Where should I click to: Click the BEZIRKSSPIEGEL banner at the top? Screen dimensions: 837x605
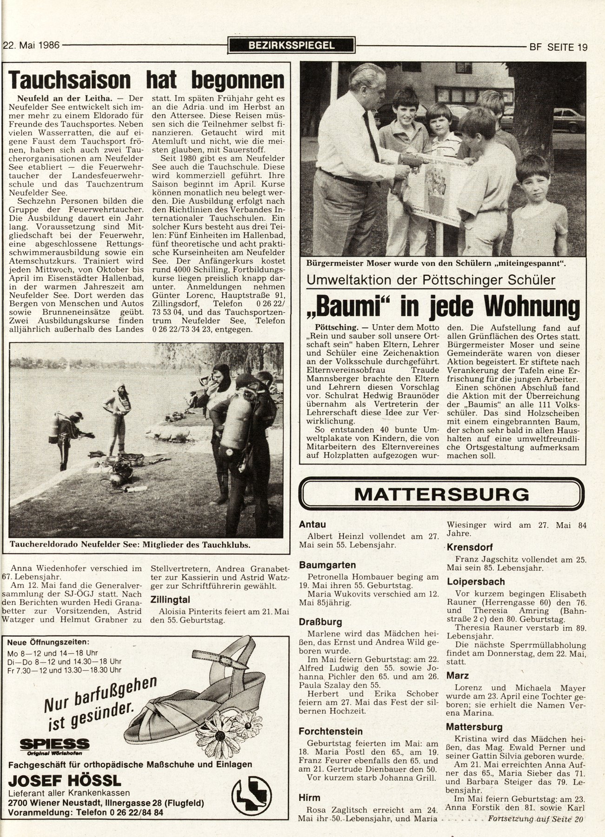292,46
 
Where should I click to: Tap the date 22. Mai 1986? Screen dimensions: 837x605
31,46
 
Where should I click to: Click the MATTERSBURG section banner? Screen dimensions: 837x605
441,494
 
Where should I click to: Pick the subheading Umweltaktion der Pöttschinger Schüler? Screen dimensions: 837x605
430,280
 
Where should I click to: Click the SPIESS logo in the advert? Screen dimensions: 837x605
55,744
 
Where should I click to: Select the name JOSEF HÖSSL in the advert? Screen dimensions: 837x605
65,780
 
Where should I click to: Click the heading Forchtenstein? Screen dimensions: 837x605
331,731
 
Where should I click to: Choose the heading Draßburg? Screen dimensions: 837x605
320,622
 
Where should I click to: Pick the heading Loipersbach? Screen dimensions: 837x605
476,581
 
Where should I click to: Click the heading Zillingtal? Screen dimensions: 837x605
171,600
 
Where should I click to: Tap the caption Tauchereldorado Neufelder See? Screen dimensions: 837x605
130,545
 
